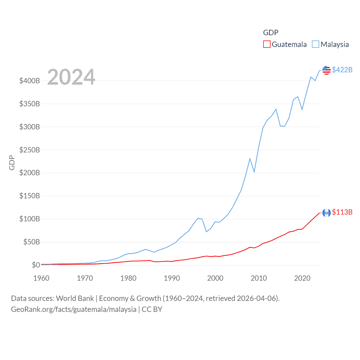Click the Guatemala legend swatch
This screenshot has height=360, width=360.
(x=267, y=44)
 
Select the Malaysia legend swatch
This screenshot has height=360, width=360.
(x=316, y=44)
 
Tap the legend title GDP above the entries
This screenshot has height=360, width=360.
(x=271, y=33)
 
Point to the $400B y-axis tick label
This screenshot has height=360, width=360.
(x=30, y=81)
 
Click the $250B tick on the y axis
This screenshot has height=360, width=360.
(x=30, y=150)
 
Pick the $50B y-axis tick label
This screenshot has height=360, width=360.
(x=31, y=242)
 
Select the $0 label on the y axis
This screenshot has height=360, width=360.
(x=36, y=265)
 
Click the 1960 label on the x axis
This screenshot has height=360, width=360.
(x=41, y=278)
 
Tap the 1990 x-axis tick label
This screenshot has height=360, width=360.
(x=172, y=278)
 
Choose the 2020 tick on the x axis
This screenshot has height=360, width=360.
(x=302, y=278)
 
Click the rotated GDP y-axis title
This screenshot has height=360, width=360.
(x=12, y=163)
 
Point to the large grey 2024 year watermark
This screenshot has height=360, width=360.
(x=71, y=77)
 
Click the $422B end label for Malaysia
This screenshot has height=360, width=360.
(x=342, y=70)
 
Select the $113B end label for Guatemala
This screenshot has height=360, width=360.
(x=342, y=212)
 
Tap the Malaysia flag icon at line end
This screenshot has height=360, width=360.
(x=326, y=70)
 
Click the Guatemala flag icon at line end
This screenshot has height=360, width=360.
(x=326, y=213)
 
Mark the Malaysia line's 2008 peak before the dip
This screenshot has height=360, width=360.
(x=250, y=159)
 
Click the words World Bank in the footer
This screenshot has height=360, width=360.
(x=75, y=298)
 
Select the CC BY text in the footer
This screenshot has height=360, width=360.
(x=152, y=309)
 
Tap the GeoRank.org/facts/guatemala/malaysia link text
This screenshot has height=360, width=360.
(x=74, y=309)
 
